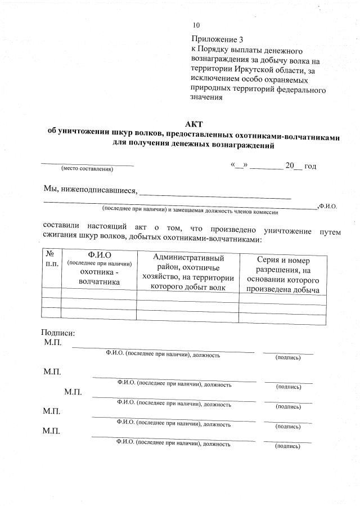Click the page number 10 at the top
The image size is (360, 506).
pyautogui.click(x=196, y=25)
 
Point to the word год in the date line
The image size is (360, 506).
pyautogui.click(x=310, y=166)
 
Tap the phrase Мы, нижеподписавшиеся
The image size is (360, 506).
pyautogui.click(x=90, y=189)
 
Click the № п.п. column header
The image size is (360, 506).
pyautogui.click(x=52, y=259)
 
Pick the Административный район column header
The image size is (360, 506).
pyautogui.click(x=188, y=272)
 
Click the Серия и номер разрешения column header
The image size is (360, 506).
pyautogui.click(x=283, y=275)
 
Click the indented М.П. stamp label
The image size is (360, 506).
pyautogui.click(x=73, y=392)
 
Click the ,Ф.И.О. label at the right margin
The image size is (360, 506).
pyautogui.click(x=327, y=207)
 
